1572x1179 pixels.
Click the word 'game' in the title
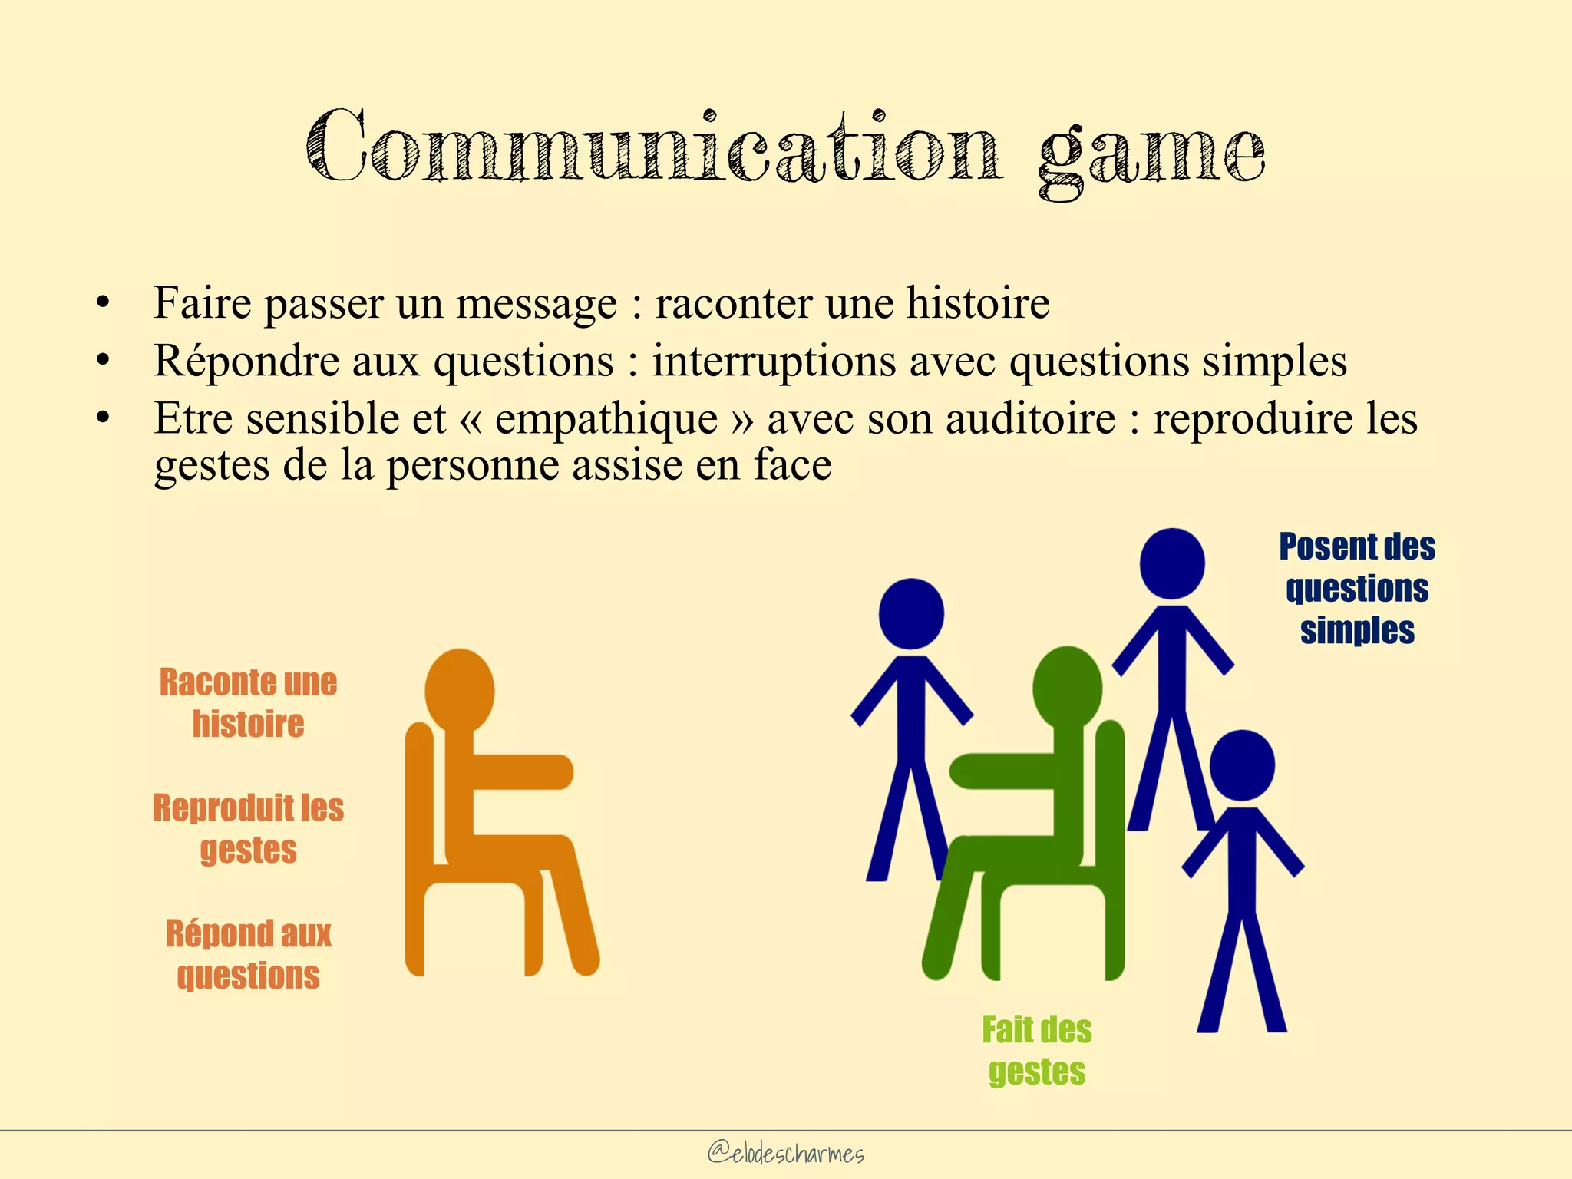(x=1151, y=154)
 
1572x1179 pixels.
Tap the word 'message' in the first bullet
(x=537, y=304)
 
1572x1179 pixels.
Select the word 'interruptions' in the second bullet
(x=774, y=361)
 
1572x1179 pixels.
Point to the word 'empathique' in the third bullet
(x=606, y=419)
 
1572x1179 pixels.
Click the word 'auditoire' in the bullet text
(x=1030, y=419)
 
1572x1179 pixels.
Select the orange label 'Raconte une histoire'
(x=248, y=702)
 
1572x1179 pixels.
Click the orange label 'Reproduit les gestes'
(x=248, y=828)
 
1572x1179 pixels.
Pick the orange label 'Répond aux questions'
(x=248, y=954)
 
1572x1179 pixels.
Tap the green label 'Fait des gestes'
(x=1037, y=1050)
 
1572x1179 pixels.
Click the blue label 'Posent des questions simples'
(x=1357, y=588)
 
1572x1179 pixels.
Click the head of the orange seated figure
(x=459, y=689)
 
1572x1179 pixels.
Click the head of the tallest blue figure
(x=1172, y=563)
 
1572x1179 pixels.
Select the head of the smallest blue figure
(x=1242, y=765)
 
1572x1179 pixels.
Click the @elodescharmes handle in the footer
(x=785, y=1153)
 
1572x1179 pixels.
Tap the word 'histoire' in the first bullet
(x=978, y=302)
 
